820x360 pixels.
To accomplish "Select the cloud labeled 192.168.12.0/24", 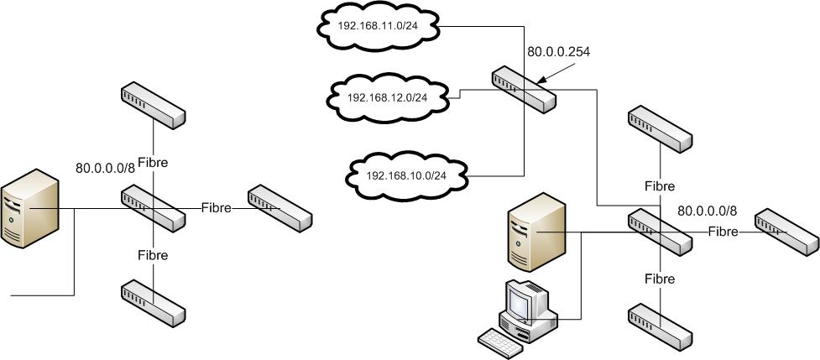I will pyautogui.click(x=387, y=97).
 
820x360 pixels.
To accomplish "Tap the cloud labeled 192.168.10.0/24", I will pyautogui.click(x=405, y=175).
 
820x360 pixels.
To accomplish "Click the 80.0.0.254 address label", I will pyautogui.click(x=558, y=52).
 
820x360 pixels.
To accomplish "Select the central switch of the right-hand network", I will pyautogui.click(x=660, y=232).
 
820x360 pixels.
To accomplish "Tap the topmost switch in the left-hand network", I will pyautogui.click(x=152, y=105).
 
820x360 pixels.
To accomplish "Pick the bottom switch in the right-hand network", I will pyautogui.click(x=660, y=326).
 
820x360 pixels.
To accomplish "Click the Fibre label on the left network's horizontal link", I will pyautogui.click(x=217, y=206).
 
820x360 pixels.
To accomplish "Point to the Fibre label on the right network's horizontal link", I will pyautogui.click(x=723, y=230).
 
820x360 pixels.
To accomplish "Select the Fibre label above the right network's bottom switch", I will pyautogui.click(x=660, y=278).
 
